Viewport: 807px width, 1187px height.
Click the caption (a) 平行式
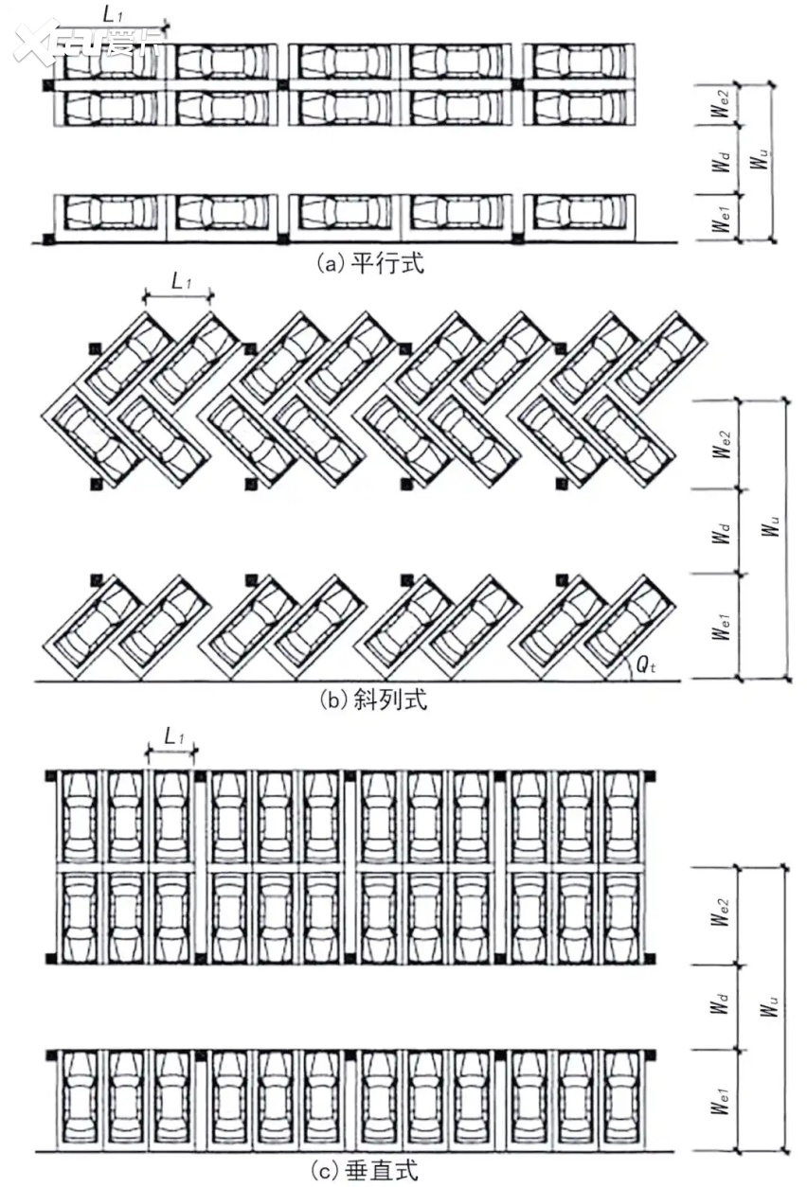pos(370,262)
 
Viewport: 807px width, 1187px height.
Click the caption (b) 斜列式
pos(373,700)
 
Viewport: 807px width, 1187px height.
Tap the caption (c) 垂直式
pos(365,1170)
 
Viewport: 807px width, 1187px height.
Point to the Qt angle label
pos(645,664)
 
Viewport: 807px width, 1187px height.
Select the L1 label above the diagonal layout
pos(181,281)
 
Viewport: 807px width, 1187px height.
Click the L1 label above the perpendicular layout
pos(174,736)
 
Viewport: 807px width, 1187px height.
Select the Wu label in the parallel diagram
pos(760,158)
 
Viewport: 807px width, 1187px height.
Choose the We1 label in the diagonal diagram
pos(721,627)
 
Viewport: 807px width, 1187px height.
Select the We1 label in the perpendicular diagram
pos(720,1100)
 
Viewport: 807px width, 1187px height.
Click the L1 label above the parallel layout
pos(113,14)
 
